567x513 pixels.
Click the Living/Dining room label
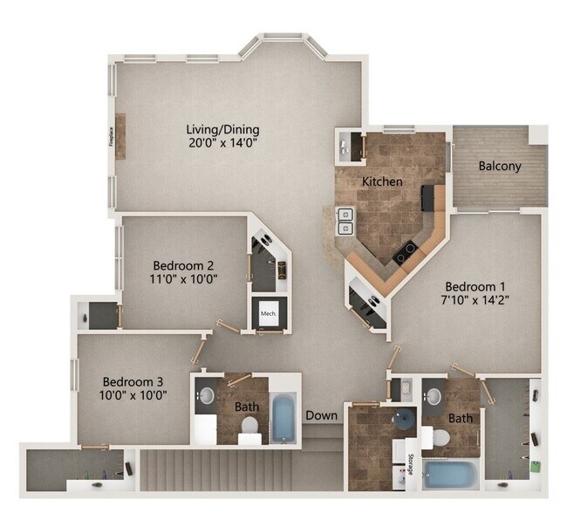tap(222, 130)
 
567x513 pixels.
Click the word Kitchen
tap(382, 181)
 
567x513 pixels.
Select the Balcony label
tap(500, 166)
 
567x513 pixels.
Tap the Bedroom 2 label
tap(184, 265)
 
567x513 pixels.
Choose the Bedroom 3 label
tap(133, 381)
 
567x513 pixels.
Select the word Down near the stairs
tap(321, 416)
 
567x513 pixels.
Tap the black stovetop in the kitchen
tap(405, 253)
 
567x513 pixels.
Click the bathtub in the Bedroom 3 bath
tap(284, 418)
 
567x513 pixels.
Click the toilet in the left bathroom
tap(249, 427)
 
